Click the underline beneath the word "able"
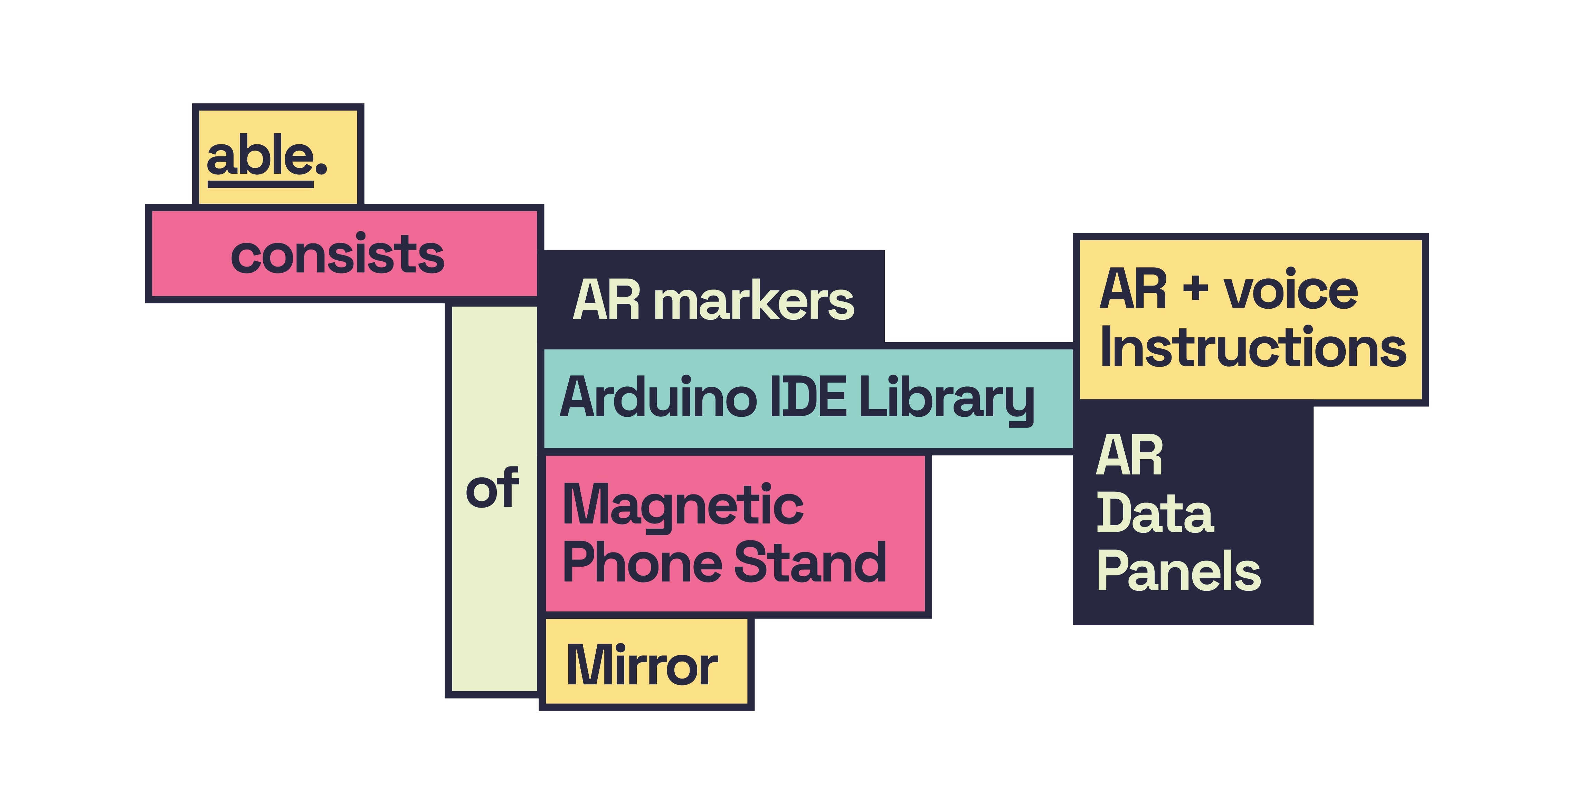coord(260,184)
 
